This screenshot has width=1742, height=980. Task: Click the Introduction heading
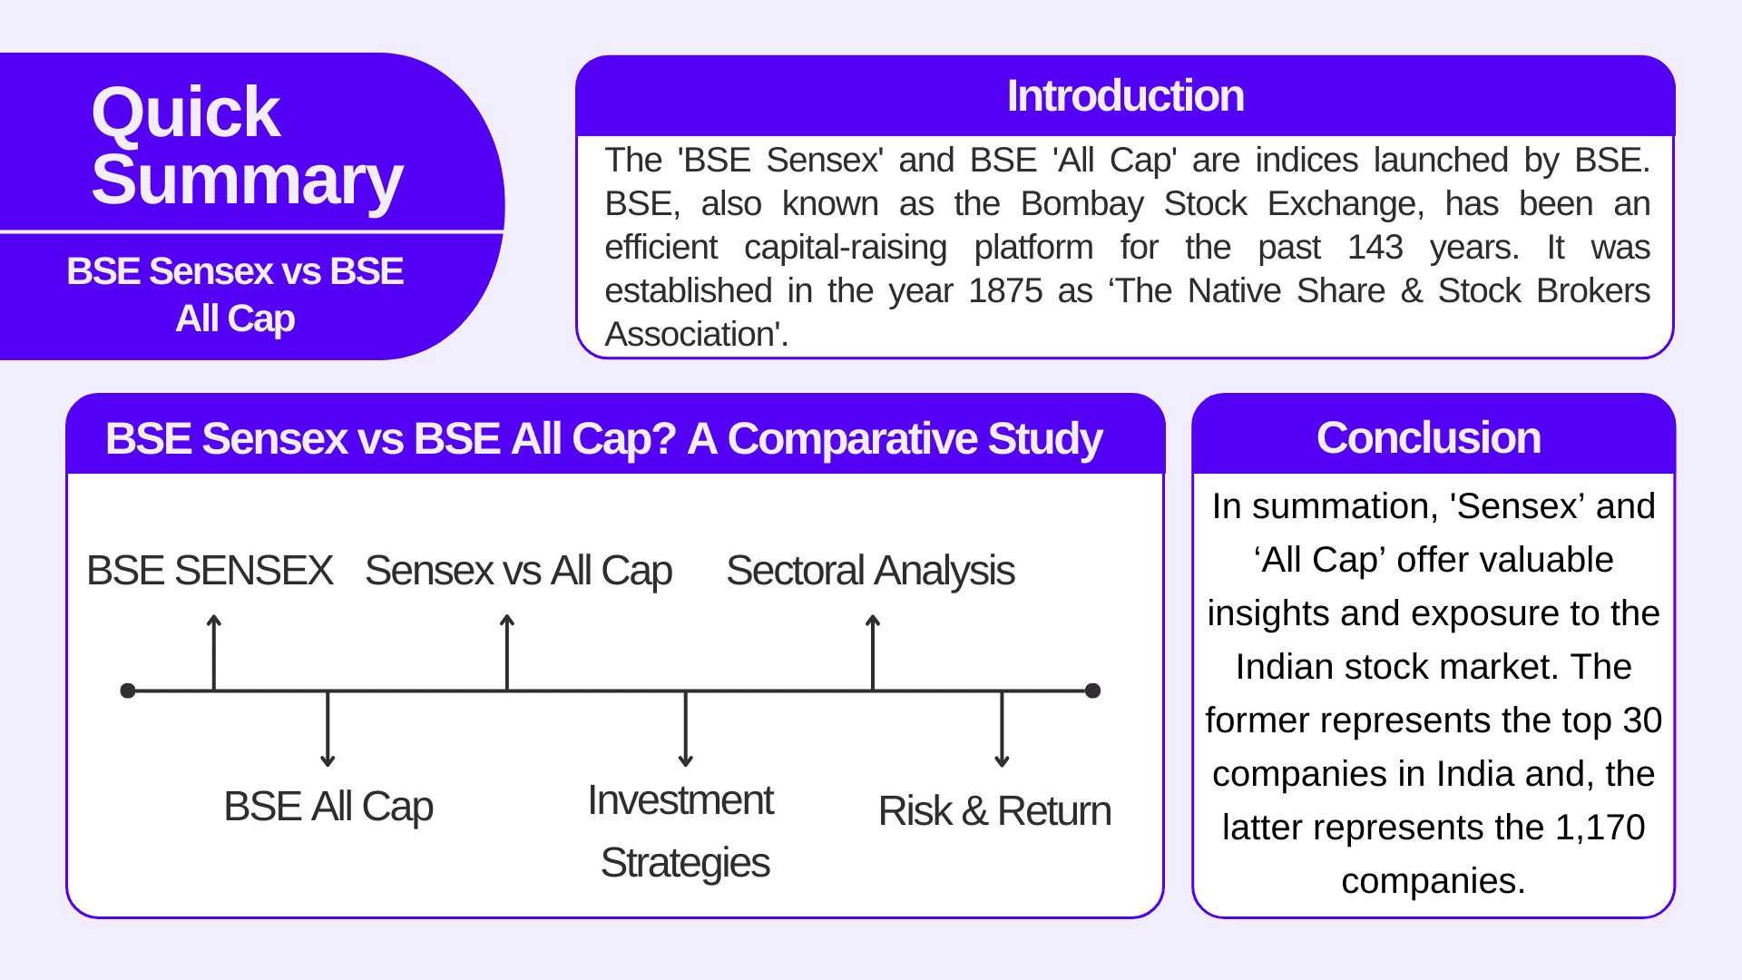1125,96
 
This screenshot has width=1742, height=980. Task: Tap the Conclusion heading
1428,438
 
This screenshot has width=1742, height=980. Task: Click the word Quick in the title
186,113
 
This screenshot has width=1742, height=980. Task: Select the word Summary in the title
247,180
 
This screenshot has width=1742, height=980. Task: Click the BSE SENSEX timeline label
210,571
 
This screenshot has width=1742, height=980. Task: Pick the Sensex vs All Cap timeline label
518,571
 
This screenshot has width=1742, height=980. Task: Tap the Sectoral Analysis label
870,571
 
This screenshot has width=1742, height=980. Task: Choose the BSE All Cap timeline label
328,807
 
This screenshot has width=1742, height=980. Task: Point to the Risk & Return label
994,811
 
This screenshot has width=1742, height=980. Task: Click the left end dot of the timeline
128,691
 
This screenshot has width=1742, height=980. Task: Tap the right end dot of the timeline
1093,691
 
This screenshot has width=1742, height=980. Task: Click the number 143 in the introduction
1375,248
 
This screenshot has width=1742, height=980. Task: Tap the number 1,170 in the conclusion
1600,828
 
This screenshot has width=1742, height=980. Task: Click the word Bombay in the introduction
1081,204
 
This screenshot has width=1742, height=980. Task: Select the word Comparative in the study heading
852,439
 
